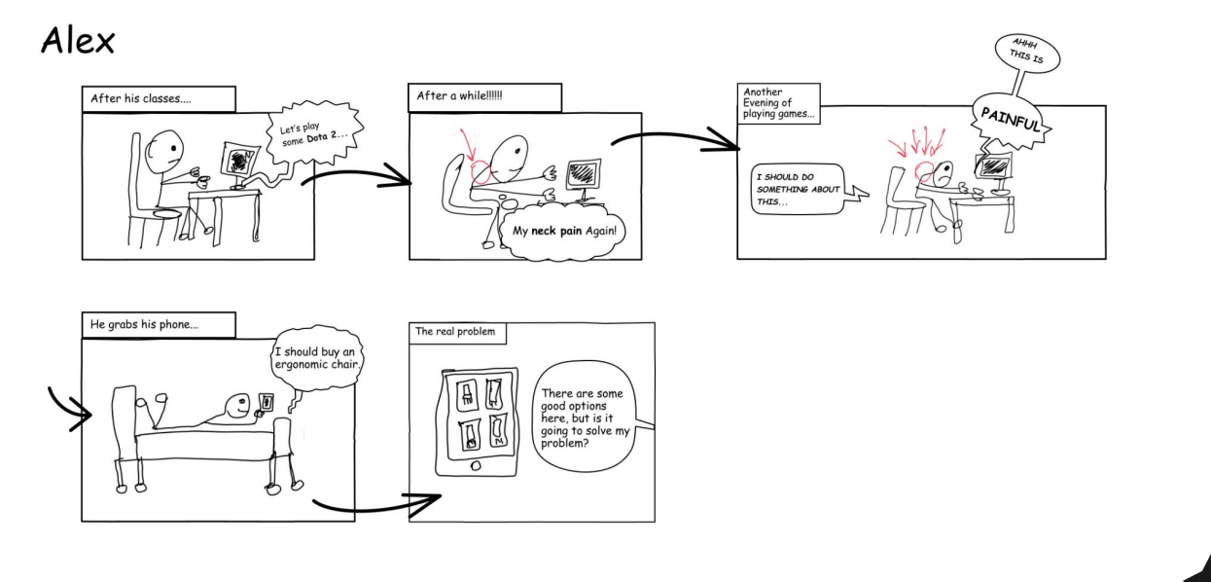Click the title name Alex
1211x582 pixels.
point(78,41)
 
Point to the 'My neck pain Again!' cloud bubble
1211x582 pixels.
point(564,233)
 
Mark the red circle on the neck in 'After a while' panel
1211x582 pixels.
point(481,172)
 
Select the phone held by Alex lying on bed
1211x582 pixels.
point(267,403)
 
